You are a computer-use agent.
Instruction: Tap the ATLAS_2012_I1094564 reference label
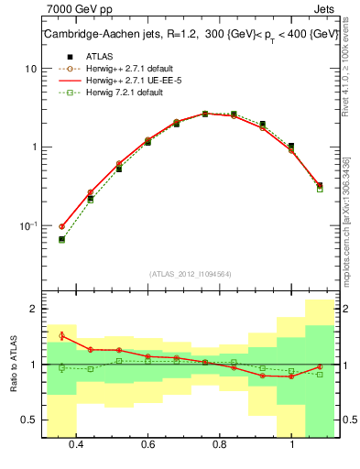191,273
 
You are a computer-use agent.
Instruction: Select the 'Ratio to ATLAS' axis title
14,364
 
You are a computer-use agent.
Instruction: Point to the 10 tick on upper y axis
31,69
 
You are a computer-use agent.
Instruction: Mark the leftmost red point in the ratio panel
61,335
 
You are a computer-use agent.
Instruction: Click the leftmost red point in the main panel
61,226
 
